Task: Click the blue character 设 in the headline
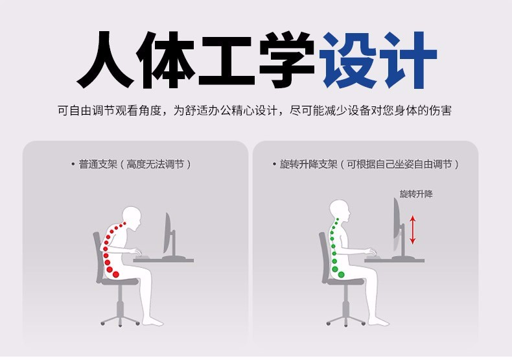348,60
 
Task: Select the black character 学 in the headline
286,60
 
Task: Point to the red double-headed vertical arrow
412,230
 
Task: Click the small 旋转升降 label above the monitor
416,194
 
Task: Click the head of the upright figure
340,211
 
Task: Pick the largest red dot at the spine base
115,274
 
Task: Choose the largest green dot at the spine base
341,274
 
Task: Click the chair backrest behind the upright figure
323,256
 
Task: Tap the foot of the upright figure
378,322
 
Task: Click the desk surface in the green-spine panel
394,260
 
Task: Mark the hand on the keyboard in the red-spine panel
136,252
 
